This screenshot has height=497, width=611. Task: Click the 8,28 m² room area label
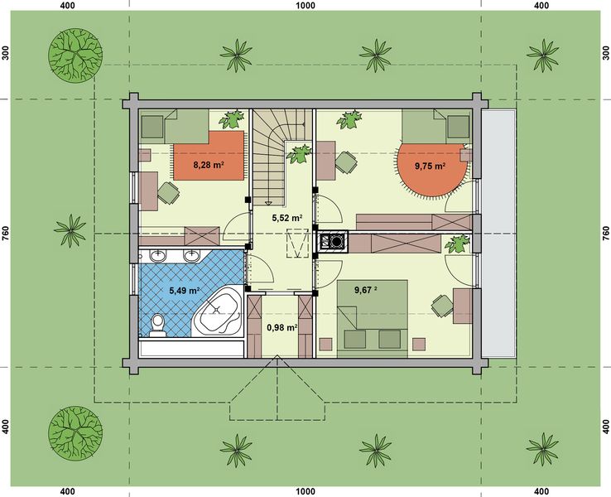tap(209, 165)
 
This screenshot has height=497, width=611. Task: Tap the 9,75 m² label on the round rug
tap(431, 166)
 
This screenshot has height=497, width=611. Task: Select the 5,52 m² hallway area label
tap(287, 219)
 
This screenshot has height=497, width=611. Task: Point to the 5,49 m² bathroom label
tap(185, 291)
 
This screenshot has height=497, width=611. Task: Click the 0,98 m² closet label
tap(282, 328)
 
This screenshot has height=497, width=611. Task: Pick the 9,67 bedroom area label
tap(365, 290)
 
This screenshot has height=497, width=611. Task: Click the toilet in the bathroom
tap(158, 325)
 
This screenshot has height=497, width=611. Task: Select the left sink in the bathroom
tap(158, 256)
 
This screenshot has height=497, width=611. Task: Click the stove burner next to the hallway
tap(335, 242)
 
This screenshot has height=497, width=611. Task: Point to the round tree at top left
tap(75, 55)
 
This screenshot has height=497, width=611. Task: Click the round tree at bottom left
tap(75, 432)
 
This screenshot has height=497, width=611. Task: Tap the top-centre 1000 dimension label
tap(305, 6)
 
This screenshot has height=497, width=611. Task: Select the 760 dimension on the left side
tap(6, 233)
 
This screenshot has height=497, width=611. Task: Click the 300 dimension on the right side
tap(605, 53)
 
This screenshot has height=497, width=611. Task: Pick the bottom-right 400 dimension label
tap(541, 491)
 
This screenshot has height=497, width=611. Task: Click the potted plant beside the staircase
tap(299, 154)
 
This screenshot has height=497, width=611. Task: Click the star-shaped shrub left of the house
tap(70, 230)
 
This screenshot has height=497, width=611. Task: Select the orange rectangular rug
tap(209, 156)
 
